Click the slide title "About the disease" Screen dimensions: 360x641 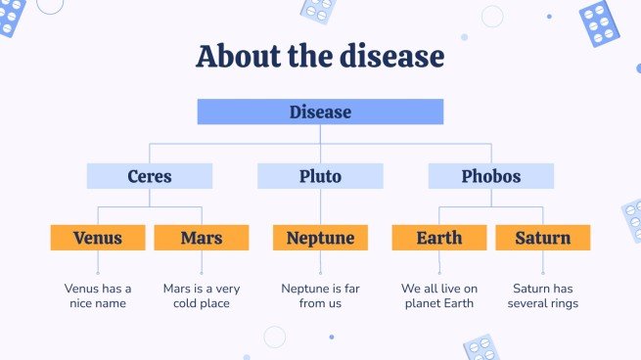coord(320,56)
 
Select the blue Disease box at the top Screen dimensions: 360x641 coord(320,112)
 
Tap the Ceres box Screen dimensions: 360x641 coord(150,176)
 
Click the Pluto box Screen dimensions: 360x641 coord(320,176)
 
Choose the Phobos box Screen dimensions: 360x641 coord(490,176)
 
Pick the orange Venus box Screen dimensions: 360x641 coord(98,238)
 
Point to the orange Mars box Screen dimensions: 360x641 coord(202,238)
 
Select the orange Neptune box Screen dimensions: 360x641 coord(320,238)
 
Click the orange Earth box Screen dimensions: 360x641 coord(438,238)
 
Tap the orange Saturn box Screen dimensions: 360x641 coord(542,238)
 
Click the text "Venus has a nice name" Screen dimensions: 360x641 coord(98,295)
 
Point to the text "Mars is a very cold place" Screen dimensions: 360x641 coord(202,295)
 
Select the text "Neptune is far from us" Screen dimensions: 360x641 coord(320,295)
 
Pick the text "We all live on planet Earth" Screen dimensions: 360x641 coord(438,295)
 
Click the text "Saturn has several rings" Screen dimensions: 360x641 coord(542,295)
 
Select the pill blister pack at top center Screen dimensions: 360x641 coord(318,10)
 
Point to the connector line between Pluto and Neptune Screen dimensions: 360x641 coord(320,206)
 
